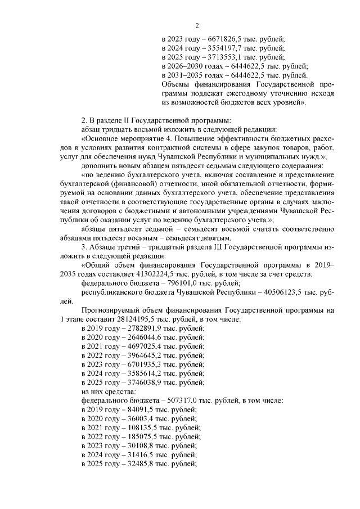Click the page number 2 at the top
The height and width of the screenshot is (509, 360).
pyautogui.click(x=197, y=25)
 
